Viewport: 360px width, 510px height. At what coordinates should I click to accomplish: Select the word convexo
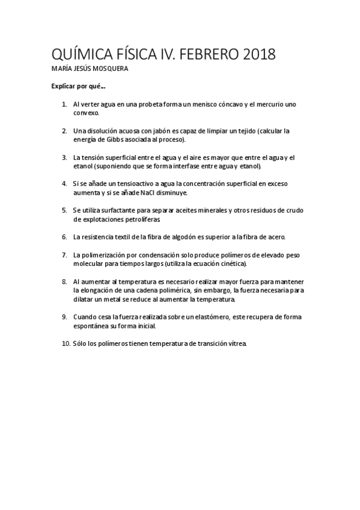pos(86,112)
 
